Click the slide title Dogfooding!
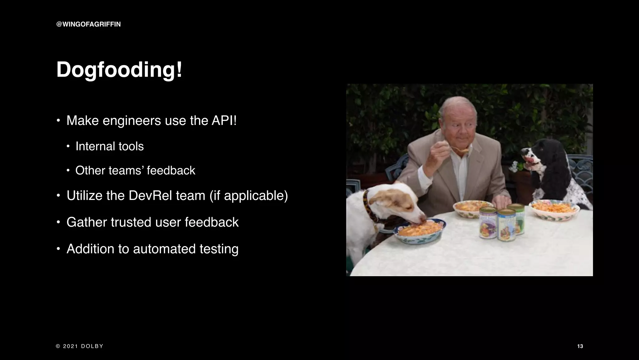point(119,70)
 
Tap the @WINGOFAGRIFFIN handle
point(88,24)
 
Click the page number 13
point(580,346)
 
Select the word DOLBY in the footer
point(92,346)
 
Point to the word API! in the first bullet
point(224,121)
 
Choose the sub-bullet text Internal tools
point(110,146)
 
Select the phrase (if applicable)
point(249,196)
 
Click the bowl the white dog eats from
point(420,231)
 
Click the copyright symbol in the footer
point(58,346)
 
